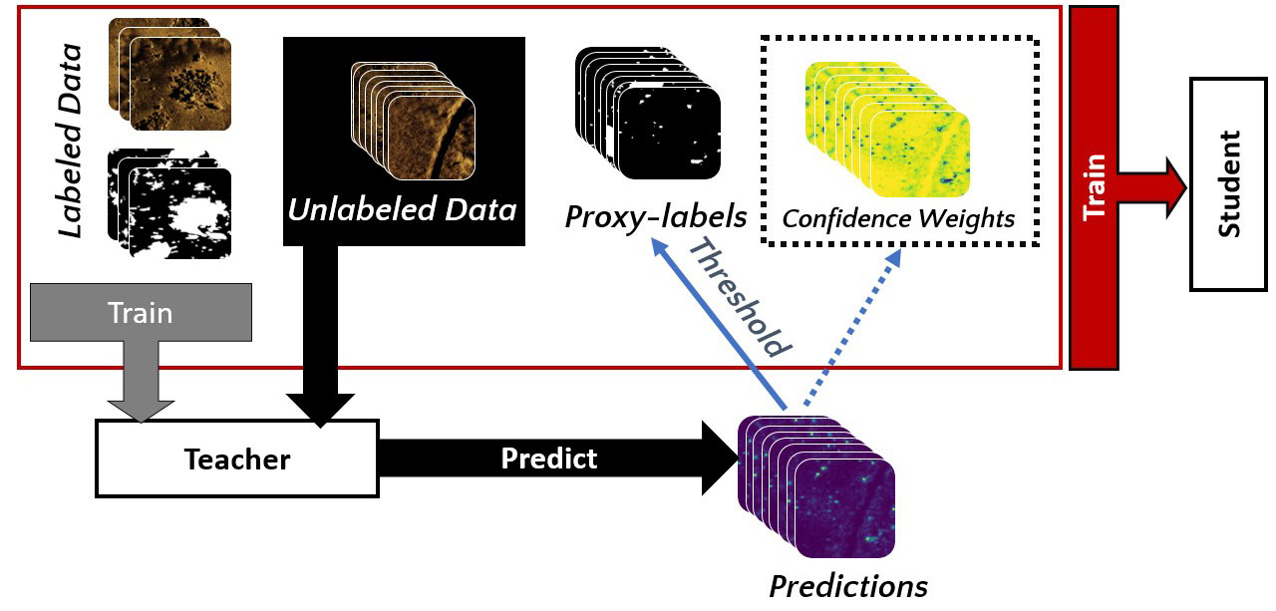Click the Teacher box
(236, 458)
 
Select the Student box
(1228, 184)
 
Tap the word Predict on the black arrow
(548, 458)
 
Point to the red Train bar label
(1095, 186)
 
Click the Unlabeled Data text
(403, 210)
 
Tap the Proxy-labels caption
(656, 217)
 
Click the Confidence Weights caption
(898, 217)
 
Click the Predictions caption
(847, 585)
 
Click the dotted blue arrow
(850, 329)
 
